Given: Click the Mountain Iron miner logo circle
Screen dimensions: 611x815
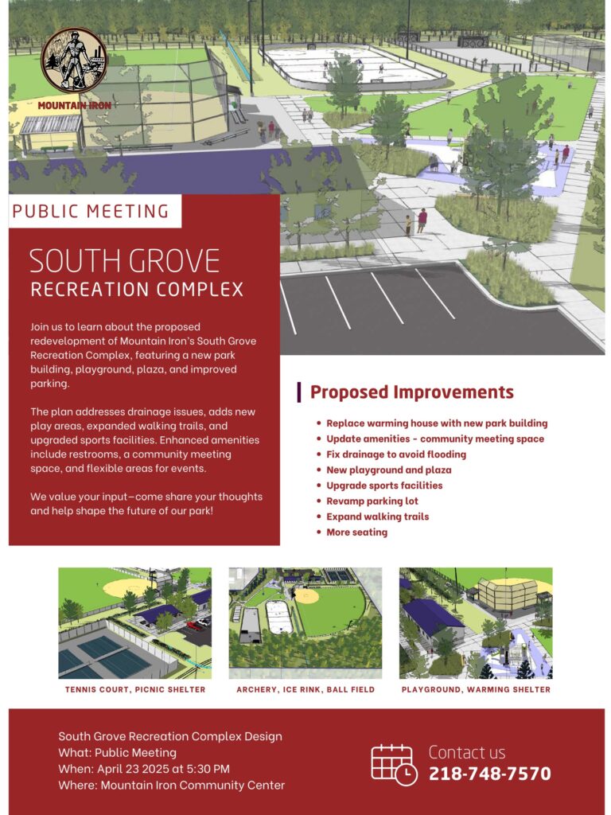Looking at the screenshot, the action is [x=74, y=60].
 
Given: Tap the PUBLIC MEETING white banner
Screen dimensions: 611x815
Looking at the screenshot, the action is [x=95, y=211].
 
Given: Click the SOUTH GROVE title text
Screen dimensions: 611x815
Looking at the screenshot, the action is [x=125, y=261].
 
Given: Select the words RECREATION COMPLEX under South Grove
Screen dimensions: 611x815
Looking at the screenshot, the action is [x=137, y=290].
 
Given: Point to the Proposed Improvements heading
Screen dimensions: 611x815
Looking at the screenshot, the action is [x=412, y=392].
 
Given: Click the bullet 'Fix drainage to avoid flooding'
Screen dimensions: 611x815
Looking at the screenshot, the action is [x=396, y=454].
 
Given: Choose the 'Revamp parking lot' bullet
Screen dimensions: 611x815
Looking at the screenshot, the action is [x=372, y=501].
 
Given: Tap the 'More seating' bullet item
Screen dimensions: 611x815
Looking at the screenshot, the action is [x=356, y=532].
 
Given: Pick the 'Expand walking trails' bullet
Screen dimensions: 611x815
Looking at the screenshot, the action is [x=377, y=517].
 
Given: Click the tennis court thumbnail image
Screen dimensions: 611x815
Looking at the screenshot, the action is [x=135, y=623].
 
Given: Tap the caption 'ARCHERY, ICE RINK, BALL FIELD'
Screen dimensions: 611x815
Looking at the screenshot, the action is [x=305, y=690].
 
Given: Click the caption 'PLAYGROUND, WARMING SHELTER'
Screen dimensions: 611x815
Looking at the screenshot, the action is [x=476, y=690].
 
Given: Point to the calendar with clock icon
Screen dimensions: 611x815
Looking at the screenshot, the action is [x=394, y=765].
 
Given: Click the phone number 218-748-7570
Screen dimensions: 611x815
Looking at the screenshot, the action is [x=489, y=774].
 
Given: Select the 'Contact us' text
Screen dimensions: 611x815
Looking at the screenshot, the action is [x=466, y=752].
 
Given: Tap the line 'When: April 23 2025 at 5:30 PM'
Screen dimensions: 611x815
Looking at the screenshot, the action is [x=144, y=769].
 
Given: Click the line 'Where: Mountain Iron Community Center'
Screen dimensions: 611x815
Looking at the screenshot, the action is [x=172, y=785].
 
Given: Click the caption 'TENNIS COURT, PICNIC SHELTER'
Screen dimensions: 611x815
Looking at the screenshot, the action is [x=135, y=690].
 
